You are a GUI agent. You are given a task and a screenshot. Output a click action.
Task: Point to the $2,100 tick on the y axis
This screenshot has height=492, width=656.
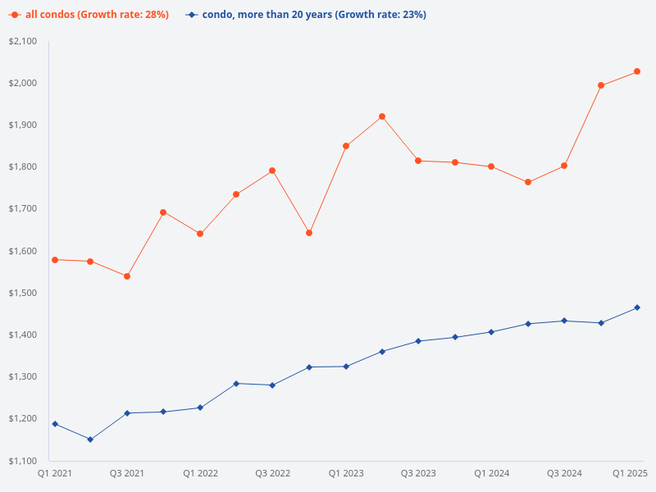[x=23, y=42]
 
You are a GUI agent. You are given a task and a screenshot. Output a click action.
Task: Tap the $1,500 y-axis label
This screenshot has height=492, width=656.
[x=23, y=293]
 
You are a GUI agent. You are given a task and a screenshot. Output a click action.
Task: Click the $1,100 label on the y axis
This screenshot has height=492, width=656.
[x=23, y=461]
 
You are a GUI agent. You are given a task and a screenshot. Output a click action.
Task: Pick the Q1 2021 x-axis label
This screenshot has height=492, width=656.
[x=55, y=473]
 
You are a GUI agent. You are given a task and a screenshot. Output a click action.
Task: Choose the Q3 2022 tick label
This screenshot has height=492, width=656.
[x=273, y=473]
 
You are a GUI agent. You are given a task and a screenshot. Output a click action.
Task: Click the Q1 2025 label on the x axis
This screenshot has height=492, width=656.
[x=631, y=473]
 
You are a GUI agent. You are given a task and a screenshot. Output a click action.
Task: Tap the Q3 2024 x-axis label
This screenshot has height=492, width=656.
[x=564, y=473]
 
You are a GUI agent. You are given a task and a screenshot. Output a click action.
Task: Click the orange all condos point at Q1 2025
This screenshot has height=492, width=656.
[x=637, y=71]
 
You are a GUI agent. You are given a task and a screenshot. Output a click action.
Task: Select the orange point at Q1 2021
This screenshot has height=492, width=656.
[x=55, y=260]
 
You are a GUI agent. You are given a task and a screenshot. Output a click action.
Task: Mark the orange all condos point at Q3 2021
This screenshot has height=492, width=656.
[x=127, y=276]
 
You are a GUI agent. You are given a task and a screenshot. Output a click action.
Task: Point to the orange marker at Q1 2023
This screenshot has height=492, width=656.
[x=346, y=146]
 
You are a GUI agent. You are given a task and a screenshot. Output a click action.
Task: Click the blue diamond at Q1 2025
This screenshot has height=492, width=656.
[x=637, y=307]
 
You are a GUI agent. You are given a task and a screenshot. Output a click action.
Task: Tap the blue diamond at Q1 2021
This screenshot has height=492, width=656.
[x=55, y=424]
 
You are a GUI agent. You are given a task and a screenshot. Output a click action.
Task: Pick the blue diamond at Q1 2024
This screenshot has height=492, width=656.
[x=491, y=332]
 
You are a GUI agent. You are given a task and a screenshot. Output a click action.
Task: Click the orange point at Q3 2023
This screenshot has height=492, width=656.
[x=418, y=161]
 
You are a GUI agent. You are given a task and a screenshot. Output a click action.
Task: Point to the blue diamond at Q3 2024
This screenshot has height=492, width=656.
[x=564, y=321]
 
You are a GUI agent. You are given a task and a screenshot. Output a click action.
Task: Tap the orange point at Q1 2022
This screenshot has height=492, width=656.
[x=200, y=234]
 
